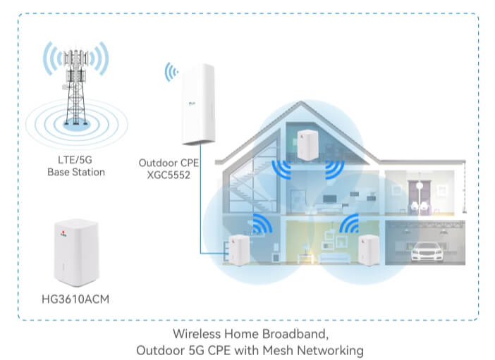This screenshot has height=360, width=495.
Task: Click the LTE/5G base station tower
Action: coord(75,87)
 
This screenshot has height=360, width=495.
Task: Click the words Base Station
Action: coord(76,172)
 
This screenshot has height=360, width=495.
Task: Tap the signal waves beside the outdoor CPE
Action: coord(171,72)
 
